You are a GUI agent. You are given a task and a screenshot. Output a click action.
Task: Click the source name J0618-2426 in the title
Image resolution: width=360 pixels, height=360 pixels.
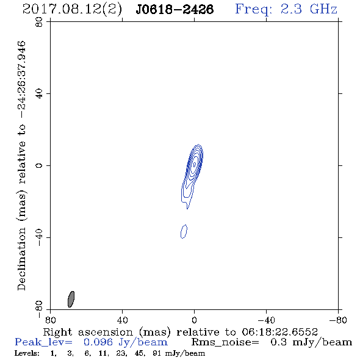(x=175, y=9)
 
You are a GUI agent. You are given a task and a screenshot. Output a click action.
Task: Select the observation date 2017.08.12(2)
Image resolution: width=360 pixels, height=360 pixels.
(x=72, y=9)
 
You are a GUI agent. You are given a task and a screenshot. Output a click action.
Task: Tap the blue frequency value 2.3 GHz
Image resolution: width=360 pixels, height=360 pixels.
(x=309, y=9)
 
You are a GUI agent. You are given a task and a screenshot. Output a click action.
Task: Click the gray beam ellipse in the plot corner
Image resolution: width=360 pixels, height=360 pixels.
(x=71, y=299)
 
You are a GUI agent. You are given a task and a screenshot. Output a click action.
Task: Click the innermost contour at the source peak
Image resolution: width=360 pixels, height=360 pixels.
(x=195, y=164)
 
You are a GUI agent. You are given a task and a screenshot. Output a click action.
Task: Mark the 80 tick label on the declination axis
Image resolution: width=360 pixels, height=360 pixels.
(x=39, y=22)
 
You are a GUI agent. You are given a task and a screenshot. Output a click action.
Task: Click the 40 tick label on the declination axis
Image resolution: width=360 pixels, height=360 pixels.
(x=39, y=94)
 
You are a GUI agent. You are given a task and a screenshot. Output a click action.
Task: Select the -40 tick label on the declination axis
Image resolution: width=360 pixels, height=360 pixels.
(x=39, y=237)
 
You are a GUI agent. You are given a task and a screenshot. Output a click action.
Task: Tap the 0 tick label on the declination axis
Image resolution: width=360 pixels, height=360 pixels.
(x=39, y=165)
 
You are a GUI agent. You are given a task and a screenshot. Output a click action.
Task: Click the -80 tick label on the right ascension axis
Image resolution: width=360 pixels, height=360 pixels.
(x=338, y=320)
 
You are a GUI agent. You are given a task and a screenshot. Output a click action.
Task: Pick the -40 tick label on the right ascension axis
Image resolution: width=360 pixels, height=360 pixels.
(x=266, y=320)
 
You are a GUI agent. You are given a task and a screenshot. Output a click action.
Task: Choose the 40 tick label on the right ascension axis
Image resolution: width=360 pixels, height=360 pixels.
(x=123, y=320)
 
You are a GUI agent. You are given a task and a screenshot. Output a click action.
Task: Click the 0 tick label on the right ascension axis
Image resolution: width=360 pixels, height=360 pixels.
(x=194, y=320)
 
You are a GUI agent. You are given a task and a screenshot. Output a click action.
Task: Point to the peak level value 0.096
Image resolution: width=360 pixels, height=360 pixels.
(x=98, y=342)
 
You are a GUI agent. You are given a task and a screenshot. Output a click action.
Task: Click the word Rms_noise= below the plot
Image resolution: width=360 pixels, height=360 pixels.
(x=225, y=342)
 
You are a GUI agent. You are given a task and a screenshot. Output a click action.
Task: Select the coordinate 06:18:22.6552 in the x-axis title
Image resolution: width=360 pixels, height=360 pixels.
(x=279, y=332)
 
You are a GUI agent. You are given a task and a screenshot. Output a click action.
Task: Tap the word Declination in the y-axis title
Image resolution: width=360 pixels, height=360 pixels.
(x=21, y=259)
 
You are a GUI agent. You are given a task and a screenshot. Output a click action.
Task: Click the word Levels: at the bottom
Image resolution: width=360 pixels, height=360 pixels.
(x=27, y=353)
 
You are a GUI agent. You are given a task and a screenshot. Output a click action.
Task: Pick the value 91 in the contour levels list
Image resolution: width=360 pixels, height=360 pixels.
(x=157, y=353)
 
